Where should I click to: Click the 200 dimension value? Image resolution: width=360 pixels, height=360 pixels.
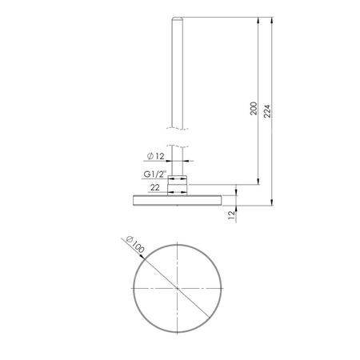coord(254,110)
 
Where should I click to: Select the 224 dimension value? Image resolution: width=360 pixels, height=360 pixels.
coord(269,110)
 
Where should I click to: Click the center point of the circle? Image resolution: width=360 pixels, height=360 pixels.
coord(176,286)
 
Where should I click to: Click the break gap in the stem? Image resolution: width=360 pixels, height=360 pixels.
coord(176,132)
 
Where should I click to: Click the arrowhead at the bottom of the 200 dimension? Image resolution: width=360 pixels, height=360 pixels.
coord(258,182)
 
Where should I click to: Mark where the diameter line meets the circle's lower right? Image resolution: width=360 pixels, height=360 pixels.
coord(206,317)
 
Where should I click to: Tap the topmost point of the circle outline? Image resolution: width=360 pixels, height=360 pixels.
coord(176,242)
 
